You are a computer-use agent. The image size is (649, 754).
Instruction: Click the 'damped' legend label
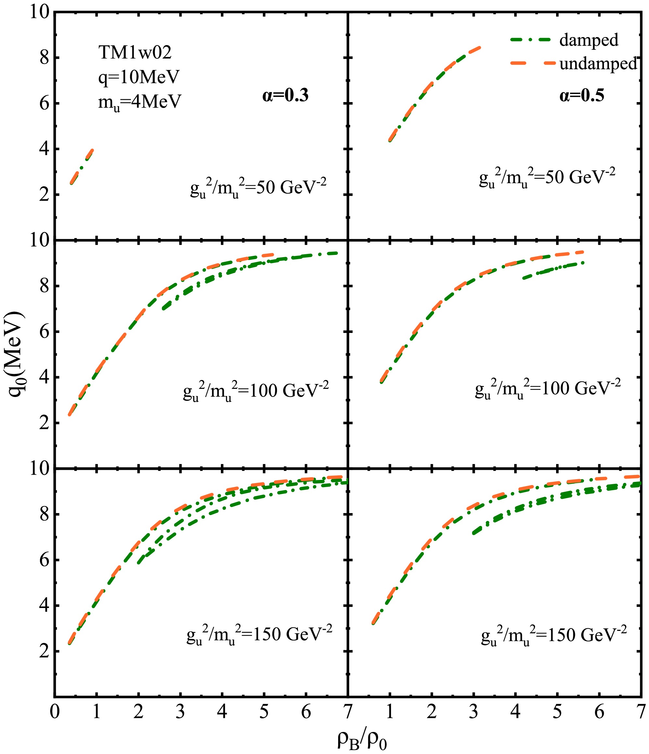coord(589,40)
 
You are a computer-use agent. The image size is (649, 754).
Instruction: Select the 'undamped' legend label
coord(598,63)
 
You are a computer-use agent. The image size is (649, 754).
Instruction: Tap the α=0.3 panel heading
coord(286,96)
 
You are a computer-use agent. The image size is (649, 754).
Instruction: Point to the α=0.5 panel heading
coord(582,96)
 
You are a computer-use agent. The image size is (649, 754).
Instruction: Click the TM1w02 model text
coord(135,53)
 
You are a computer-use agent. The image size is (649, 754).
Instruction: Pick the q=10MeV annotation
coord(139,77)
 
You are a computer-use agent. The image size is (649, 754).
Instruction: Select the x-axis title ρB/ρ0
coord(362,739)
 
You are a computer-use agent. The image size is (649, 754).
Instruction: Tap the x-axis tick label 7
coord(348,711)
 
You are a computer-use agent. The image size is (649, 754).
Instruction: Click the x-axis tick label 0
coord(55,711)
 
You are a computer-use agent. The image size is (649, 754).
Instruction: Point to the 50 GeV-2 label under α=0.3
coord(258,189)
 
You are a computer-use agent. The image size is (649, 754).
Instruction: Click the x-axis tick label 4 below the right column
coord(515,711)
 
